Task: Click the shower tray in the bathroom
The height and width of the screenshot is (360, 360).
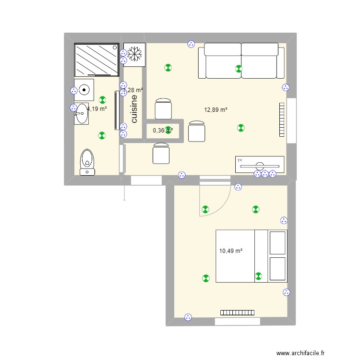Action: [x=96, y=60]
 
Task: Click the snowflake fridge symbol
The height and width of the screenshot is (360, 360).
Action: [x=134, y=54]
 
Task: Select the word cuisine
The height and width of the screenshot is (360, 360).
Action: [x=134, y=109]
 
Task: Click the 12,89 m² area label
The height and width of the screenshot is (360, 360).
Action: [x=216, y=109]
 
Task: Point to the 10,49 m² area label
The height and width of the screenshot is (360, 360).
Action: [x=230, y=251]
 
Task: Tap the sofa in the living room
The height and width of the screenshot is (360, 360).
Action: [x=241, y=60]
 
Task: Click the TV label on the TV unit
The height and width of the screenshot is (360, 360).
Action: [x=240, y=159]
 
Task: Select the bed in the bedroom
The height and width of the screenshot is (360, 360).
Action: [x=251, y=256]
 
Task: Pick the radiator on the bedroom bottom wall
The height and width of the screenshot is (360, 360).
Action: [x=237, y=312]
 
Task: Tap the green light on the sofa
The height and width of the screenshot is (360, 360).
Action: [x=239, y=69]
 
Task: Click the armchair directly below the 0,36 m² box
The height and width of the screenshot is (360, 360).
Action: [x=161, y=154]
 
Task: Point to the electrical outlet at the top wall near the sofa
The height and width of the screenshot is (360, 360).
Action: [x=191, y=44]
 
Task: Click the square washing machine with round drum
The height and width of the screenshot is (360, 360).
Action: [x=84, y=90]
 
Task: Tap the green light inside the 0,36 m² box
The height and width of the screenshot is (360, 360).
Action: [x=168, y=129]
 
